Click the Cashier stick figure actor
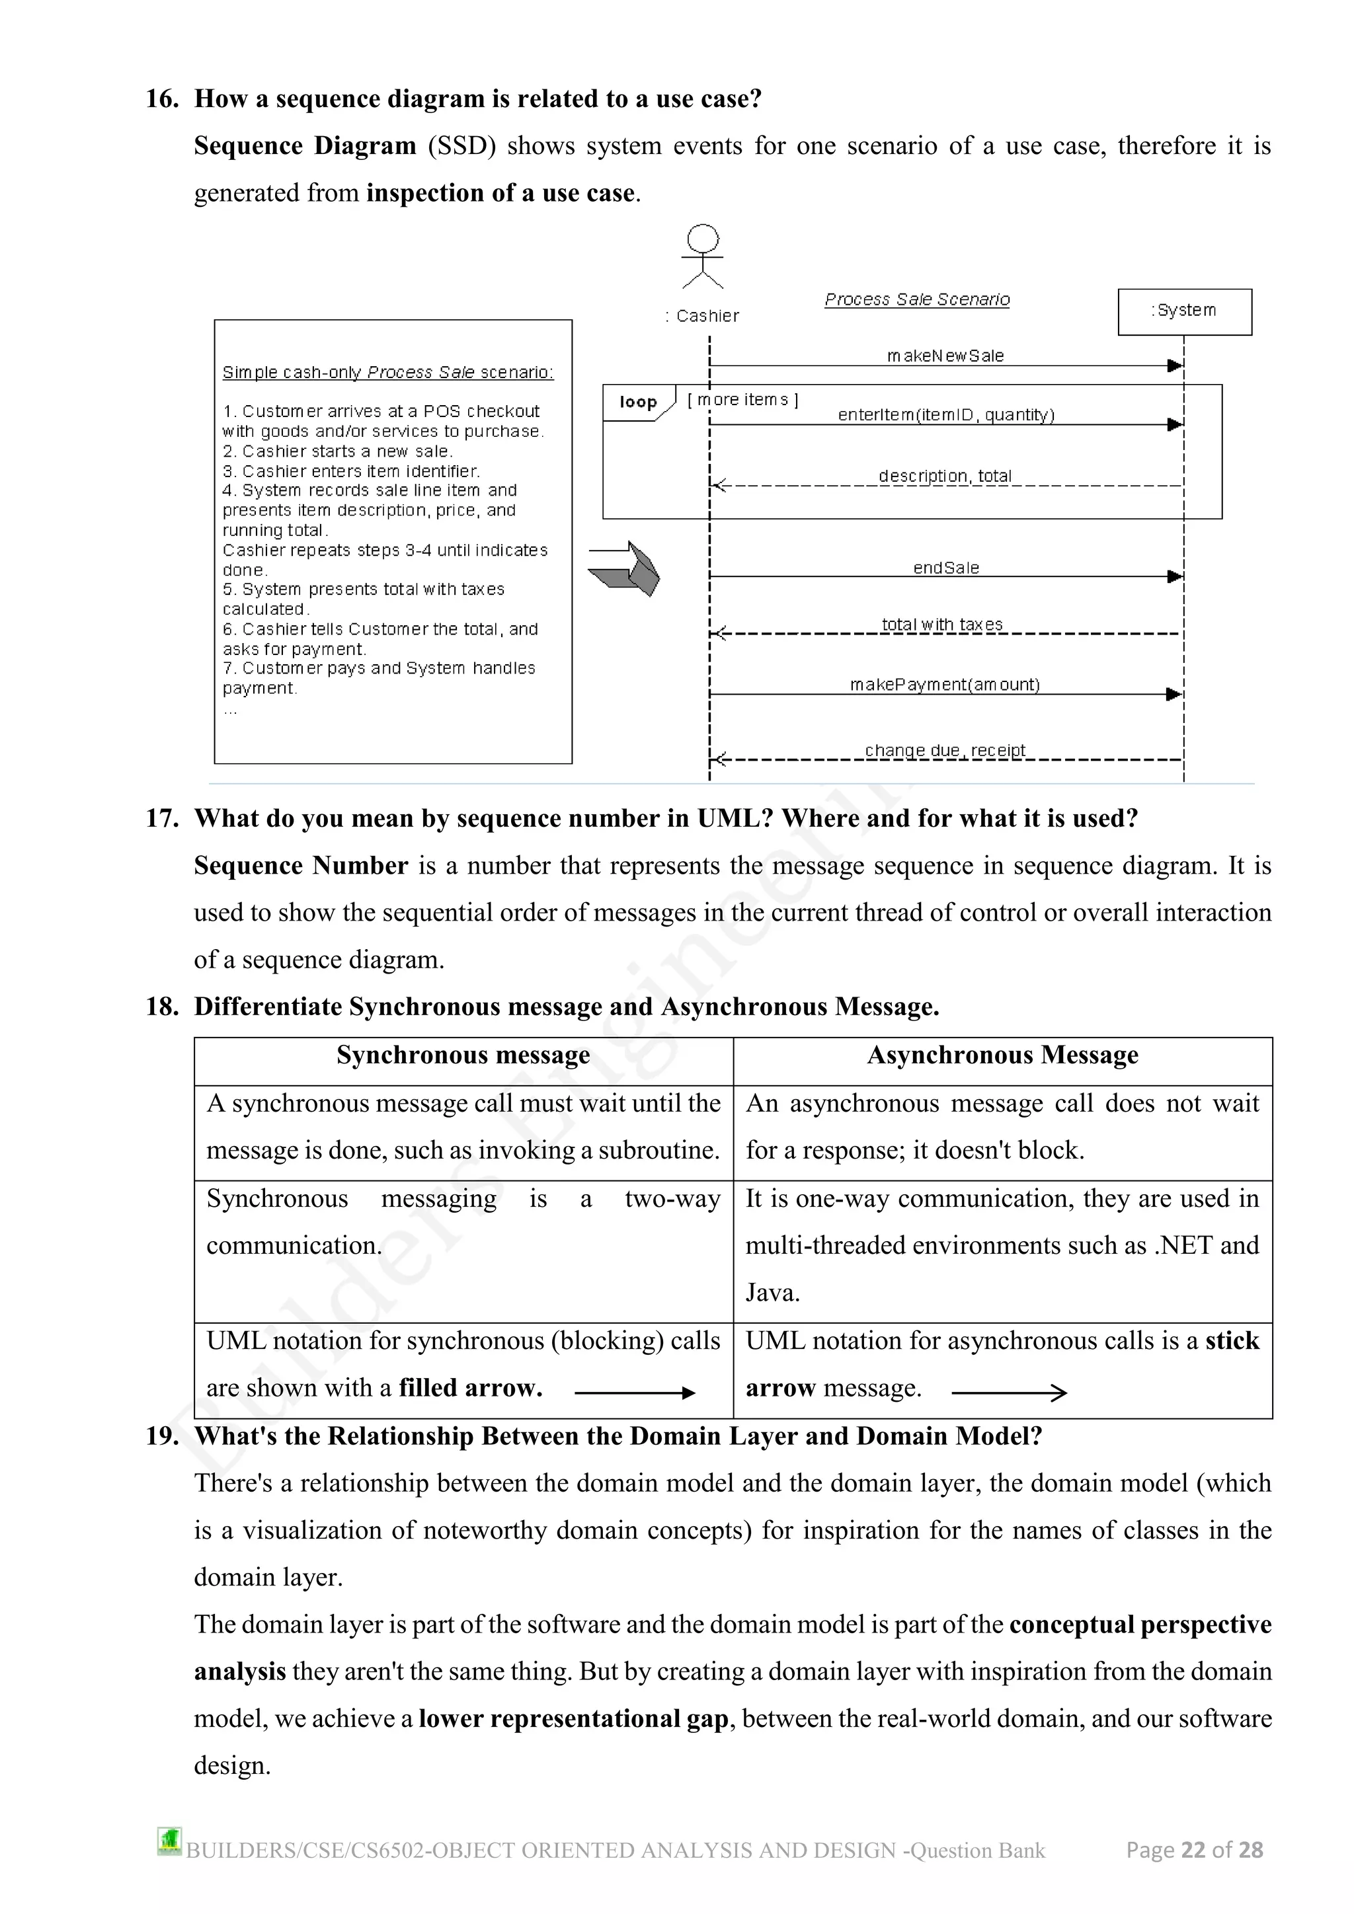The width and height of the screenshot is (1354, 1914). point(702,256)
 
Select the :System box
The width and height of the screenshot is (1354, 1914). point(1184,312)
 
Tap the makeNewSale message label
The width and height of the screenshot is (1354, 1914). point(945,356)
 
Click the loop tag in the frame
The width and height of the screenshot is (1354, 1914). point(638,402)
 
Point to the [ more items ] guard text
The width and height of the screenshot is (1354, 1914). point(742,400)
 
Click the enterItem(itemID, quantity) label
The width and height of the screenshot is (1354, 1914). point(945,415)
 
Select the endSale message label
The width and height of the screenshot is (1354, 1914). point(945,568)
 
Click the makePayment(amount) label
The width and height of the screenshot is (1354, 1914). point(944,685)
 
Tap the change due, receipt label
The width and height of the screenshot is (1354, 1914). point(945,750)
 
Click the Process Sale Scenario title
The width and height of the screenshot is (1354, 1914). point(916,299)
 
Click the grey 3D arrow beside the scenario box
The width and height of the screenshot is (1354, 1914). point(625,568)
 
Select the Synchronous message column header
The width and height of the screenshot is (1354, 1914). point(463,1055)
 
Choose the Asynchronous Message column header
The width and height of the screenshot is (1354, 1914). point(1002,1055)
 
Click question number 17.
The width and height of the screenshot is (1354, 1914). point(162,819)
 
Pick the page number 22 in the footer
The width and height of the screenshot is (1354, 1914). point(1193,1850)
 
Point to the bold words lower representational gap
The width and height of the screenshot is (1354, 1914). point(574,1719)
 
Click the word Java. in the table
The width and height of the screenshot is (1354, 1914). point(772,1293)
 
